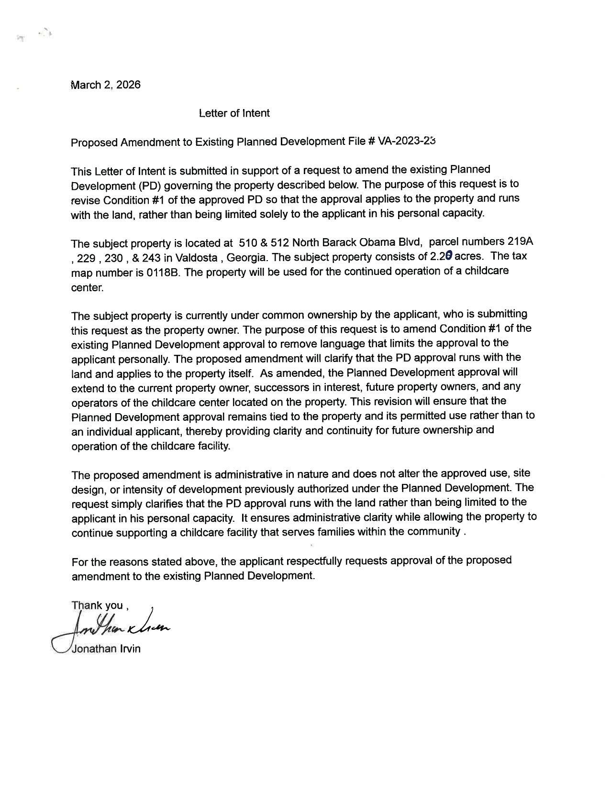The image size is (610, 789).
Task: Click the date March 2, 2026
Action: (x=106, y=85)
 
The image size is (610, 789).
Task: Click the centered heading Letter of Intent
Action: (x=234, y=113)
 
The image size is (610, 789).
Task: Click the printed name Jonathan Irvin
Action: (x=106, y=649)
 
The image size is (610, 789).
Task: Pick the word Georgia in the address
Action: (x=246, y=258)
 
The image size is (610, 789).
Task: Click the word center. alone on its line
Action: (x=87, y=288)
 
